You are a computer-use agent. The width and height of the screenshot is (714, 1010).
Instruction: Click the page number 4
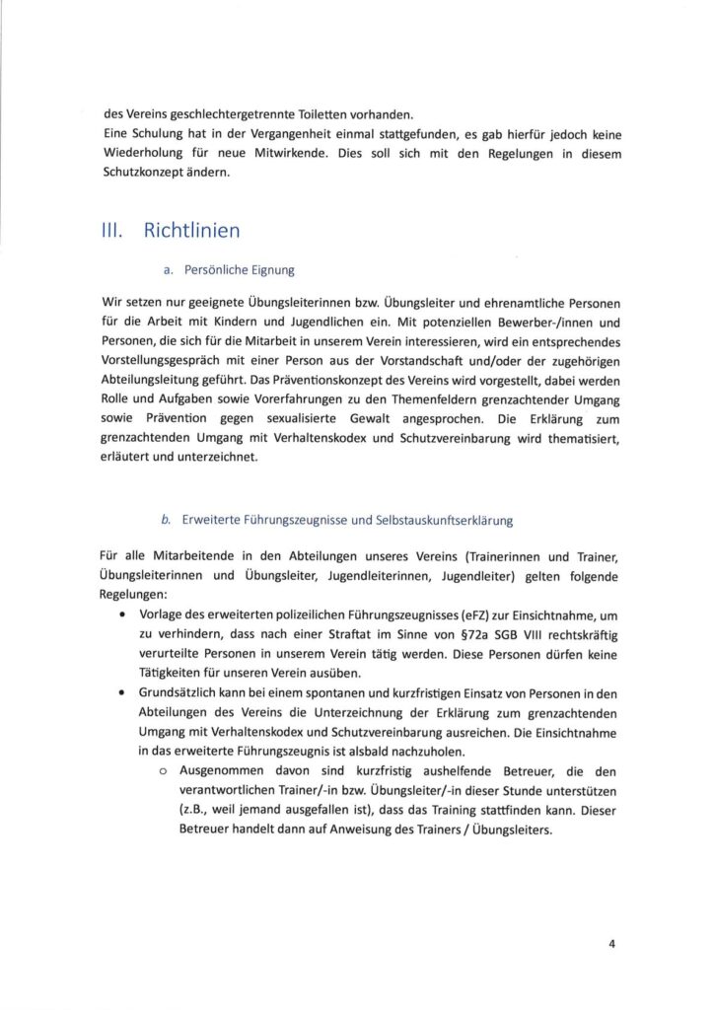(x=611, y=943)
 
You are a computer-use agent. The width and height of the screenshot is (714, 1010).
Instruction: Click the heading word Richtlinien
(x=191, y=232)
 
